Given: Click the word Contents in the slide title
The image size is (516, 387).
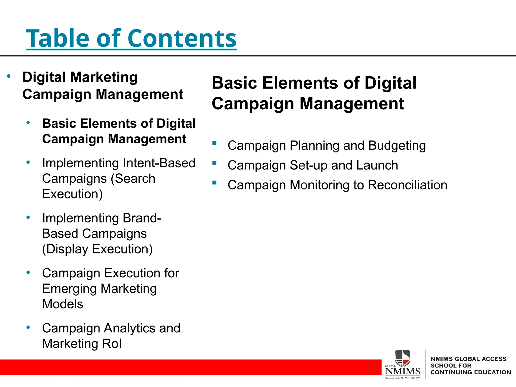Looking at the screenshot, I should (182, 38).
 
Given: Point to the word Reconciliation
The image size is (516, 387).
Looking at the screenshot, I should (407, 185).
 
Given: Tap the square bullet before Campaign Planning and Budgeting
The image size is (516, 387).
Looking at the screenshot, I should (214, 143).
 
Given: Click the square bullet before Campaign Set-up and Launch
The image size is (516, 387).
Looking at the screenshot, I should (214, 163).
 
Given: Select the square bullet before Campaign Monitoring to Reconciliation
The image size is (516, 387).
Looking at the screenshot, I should (214, 183).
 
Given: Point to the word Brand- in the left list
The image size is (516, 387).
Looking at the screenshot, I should (142, 218).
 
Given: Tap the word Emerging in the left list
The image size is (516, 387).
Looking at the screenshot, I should (70, 289).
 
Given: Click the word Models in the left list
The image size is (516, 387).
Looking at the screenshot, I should (62, 304).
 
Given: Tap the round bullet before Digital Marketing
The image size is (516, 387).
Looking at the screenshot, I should (9, 76).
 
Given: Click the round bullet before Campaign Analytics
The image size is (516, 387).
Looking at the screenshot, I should (28, 327).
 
